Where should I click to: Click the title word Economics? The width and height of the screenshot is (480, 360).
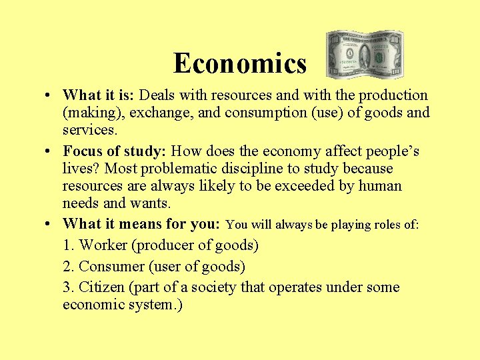coord(240,64)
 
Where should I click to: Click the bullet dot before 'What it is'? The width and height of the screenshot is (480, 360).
coord(51,95)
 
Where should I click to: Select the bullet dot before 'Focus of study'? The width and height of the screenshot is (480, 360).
coord(51,151)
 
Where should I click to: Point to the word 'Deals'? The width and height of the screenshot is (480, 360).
coord(157,95)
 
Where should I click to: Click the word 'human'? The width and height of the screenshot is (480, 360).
coord(379,185)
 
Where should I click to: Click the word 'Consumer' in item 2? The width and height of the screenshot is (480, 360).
coord(112,267)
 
